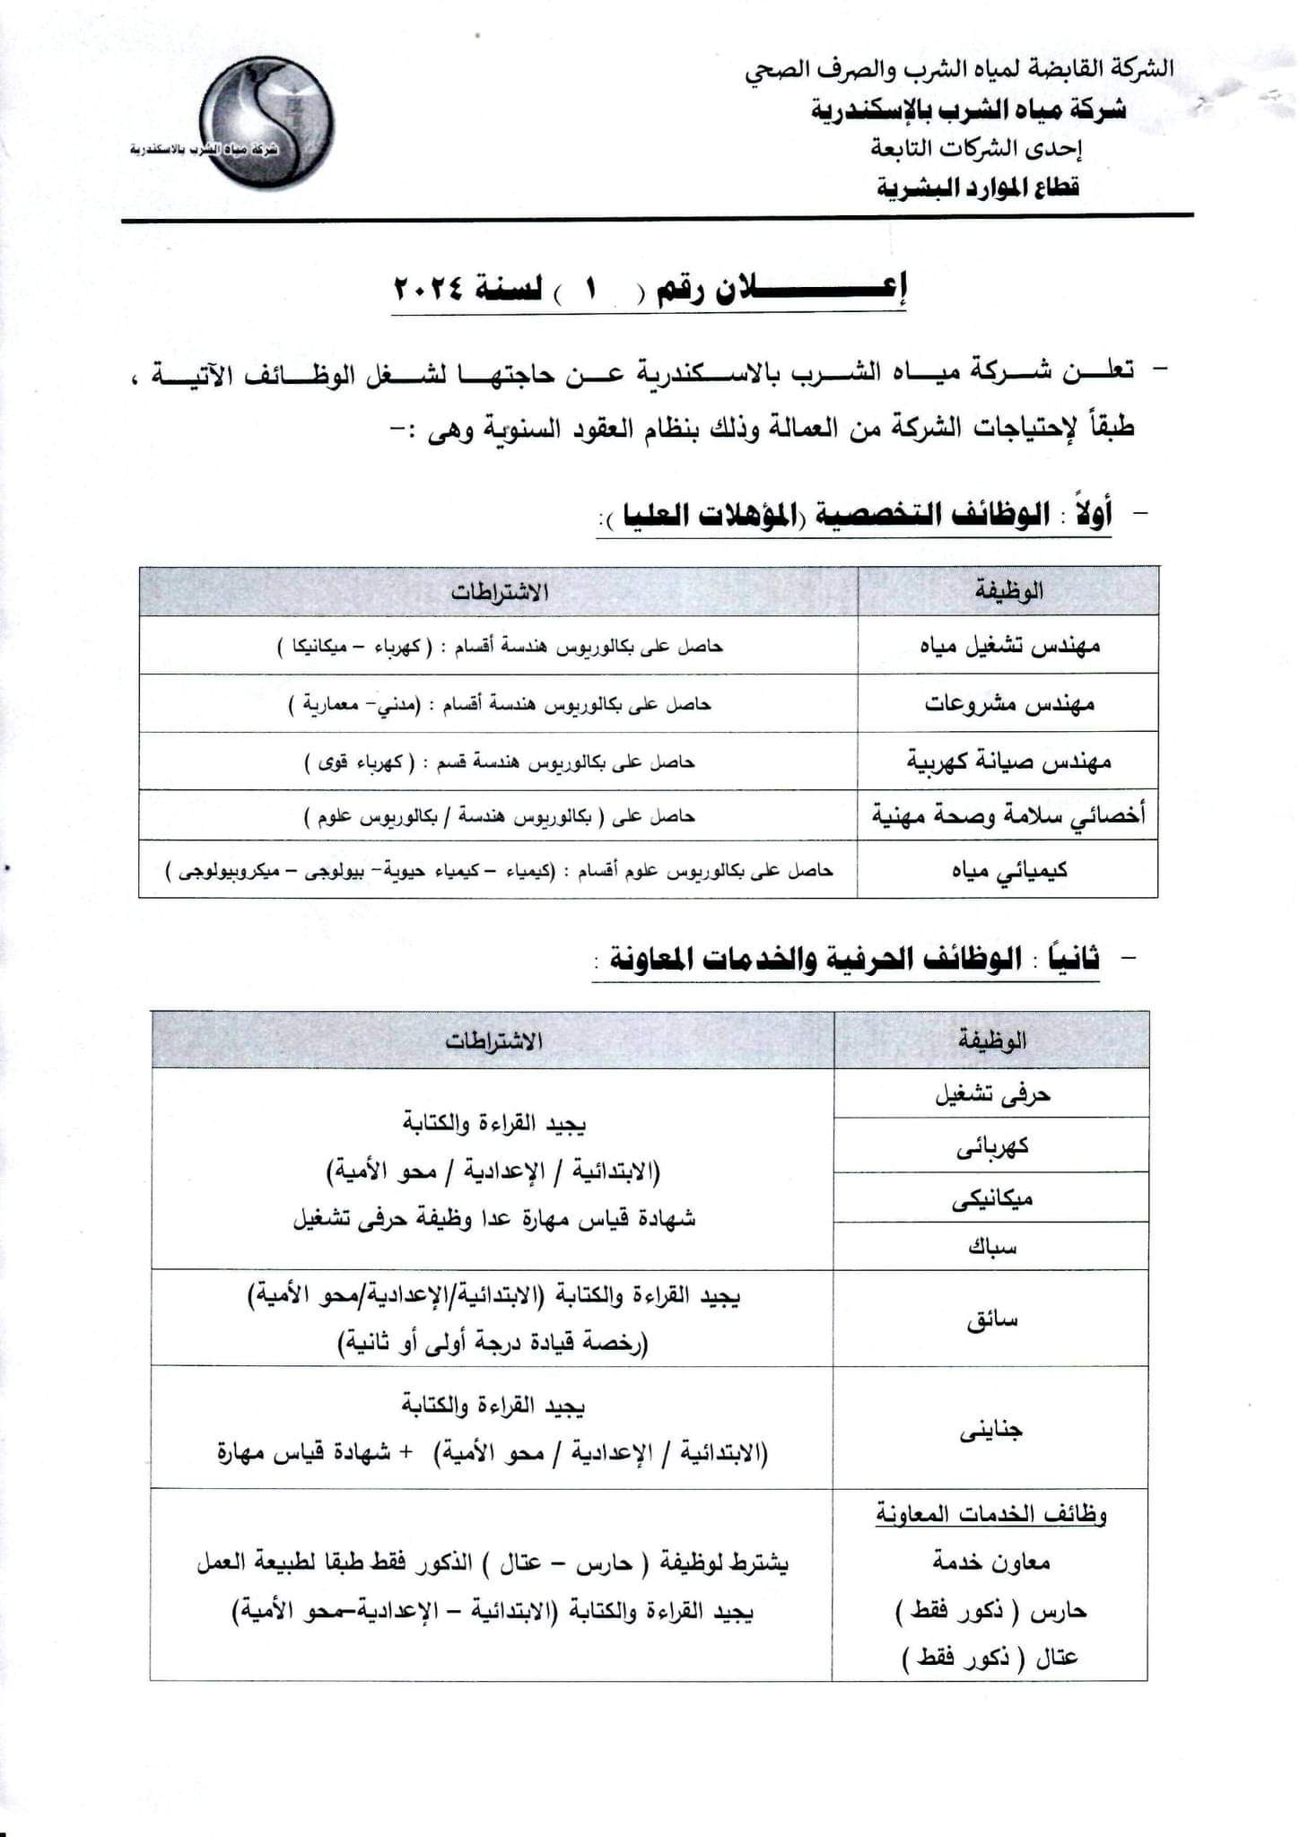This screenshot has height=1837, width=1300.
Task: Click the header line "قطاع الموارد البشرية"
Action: click(978, 187)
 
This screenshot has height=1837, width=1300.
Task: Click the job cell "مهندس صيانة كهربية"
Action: click(1008, 762)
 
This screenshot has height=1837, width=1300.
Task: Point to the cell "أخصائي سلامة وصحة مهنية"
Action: click(1008, 816)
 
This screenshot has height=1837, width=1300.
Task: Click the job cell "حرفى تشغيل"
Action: click(992, 1094)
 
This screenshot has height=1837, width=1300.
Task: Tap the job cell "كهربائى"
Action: click(992, 1146)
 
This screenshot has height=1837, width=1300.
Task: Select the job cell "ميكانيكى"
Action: click(992, 1198)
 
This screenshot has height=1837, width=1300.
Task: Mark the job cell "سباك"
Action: click(992, 1247)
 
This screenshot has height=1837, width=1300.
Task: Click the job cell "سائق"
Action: click(992, 1320)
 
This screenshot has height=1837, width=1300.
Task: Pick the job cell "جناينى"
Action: click(992, 1430)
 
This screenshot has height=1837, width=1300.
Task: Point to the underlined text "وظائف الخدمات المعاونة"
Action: click(991, 1515)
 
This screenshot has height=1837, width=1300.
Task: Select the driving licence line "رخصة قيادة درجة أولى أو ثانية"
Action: click(493, 1344)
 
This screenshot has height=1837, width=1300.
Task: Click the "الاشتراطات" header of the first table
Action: click(499, 592)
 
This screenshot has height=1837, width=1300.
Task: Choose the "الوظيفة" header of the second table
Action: click(992, 1041)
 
